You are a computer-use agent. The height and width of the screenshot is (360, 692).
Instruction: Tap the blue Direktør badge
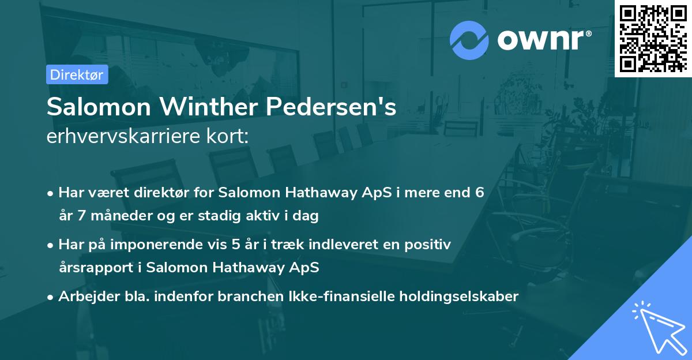tap(77, 74)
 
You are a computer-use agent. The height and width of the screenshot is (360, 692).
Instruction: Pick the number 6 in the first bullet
tap(479, 193)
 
